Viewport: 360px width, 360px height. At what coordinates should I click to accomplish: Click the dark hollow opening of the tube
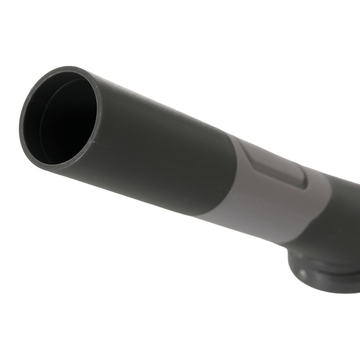(x=63, y=121)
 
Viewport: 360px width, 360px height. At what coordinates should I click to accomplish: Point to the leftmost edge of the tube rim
(x=21, y=124)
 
